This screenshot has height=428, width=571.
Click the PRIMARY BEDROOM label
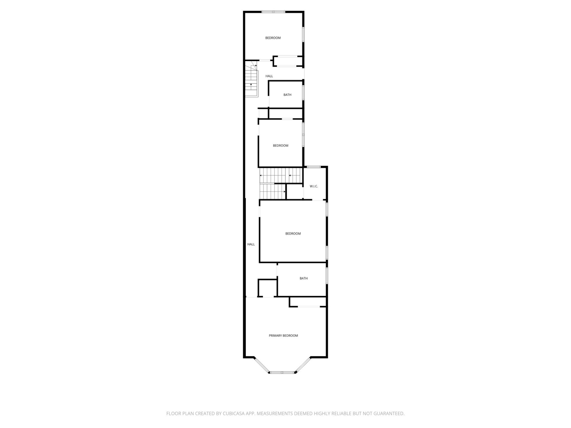(283, 335)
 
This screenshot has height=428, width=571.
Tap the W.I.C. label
(314, 186)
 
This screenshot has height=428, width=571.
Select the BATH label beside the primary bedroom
(304, 278)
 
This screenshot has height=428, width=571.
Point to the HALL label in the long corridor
(251, 244)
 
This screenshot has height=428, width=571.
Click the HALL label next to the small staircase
(269, 76)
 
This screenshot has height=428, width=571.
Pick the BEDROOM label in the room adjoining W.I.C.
(293, 234)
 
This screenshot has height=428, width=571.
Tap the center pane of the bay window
(282, 372)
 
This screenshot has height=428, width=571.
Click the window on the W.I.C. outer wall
(314, 167)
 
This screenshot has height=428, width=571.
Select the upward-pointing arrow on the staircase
(251, 84)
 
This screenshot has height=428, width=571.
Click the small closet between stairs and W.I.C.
(295, 191)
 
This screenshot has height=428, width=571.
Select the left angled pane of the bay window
(262, 365)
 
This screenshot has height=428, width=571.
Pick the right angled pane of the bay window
(303, 365)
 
